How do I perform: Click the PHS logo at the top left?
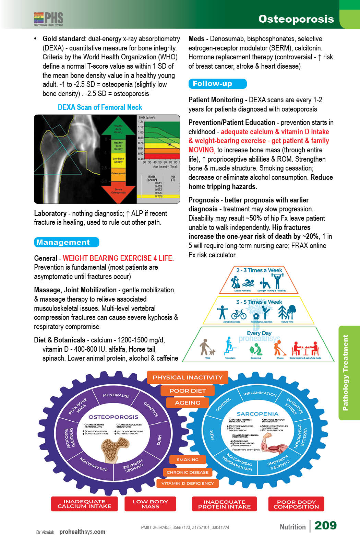click(49, 19)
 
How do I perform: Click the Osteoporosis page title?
click(296, 19)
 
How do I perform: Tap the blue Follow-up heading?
click(217, 84)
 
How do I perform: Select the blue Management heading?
click(66, 242)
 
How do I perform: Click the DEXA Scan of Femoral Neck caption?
click(100, 107)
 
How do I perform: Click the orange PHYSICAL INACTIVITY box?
click(188, 377)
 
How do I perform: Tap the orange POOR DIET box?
click(188, 391)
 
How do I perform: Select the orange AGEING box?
click(188, 403)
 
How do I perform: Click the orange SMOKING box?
click(188, 460)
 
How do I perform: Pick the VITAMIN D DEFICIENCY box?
click(188, 483)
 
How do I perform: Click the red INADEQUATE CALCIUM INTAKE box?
click(84, 504)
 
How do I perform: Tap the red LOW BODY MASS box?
click(150, 504)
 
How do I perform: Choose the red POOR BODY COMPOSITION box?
click(296, 504)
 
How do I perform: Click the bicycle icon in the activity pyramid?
click(239, 314)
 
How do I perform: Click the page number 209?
click(325, 525)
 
